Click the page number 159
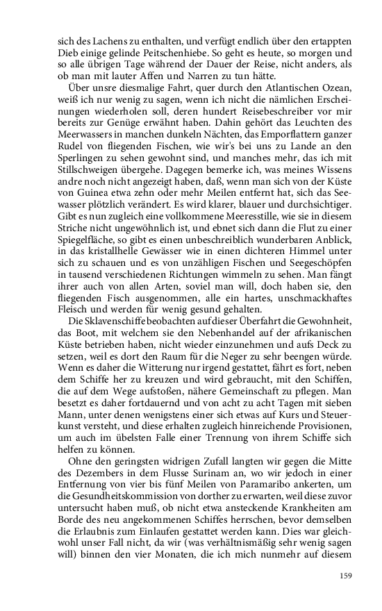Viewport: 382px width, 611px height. [x=347, y=575]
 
